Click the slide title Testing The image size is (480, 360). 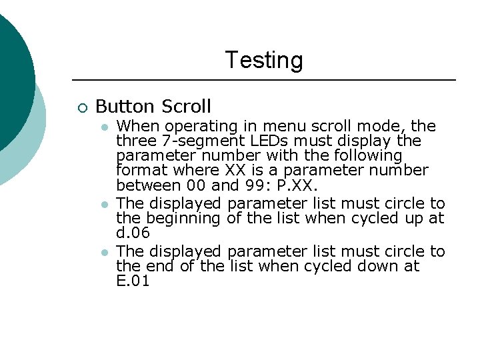[263, 60]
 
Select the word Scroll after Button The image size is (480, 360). [185, 106]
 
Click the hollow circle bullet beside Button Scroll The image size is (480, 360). [81, 107]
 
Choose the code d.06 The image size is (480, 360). [133, 233]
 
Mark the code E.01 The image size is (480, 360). [133, 281]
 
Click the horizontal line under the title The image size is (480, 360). [263, 80]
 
